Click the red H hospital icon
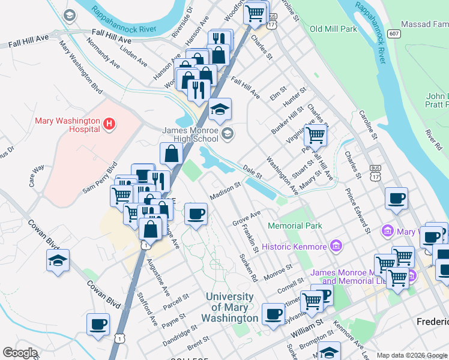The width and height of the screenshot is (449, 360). click(109, 124)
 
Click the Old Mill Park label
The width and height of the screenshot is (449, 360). click(333, 28)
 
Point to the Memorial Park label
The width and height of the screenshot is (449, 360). click(295, 226)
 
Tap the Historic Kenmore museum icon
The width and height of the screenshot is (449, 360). click(336, 247)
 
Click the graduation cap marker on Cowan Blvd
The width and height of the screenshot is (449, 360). click(58, 261)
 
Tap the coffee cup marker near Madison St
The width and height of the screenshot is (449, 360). click(195, 214)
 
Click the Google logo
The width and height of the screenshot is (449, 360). click(20, 353)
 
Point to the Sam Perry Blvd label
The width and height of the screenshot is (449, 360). click(100, 177)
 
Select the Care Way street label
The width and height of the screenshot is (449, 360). click(37, 178)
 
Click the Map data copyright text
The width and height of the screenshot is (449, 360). click(412, 355)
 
